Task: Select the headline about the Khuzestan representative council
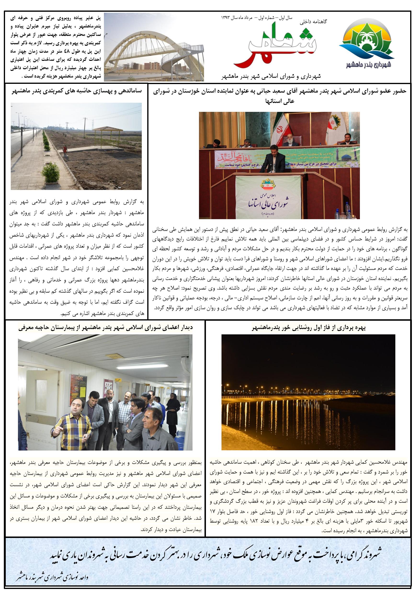click(279, 96)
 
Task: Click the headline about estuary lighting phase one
click(308, 328)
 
